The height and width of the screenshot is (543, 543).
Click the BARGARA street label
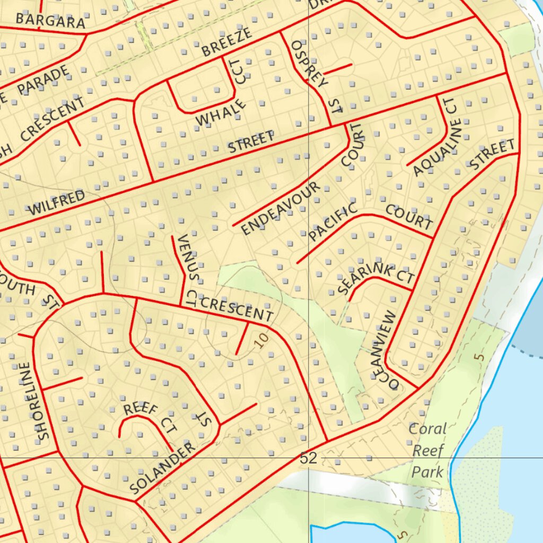[50, 21]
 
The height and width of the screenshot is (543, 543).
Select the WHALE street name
[221, 112]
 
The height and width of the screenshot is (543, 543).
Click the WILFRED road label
[56, 203]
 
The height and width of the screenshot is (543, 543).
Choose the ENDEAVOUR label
[281, 208]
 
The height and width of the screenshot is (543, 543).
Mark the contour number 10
[261, 339]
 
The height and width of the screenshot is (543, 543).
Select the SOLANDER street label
[162, 468]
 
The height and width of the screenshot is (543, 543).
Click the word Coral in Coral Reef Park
[428, 428]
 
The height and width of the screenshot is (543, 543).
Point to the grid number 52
[309, 458]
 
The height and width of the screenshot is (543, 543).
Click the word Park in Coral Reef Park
[427, 471]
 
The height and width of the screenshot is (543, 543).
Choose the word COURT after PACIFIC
[409, 216]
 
